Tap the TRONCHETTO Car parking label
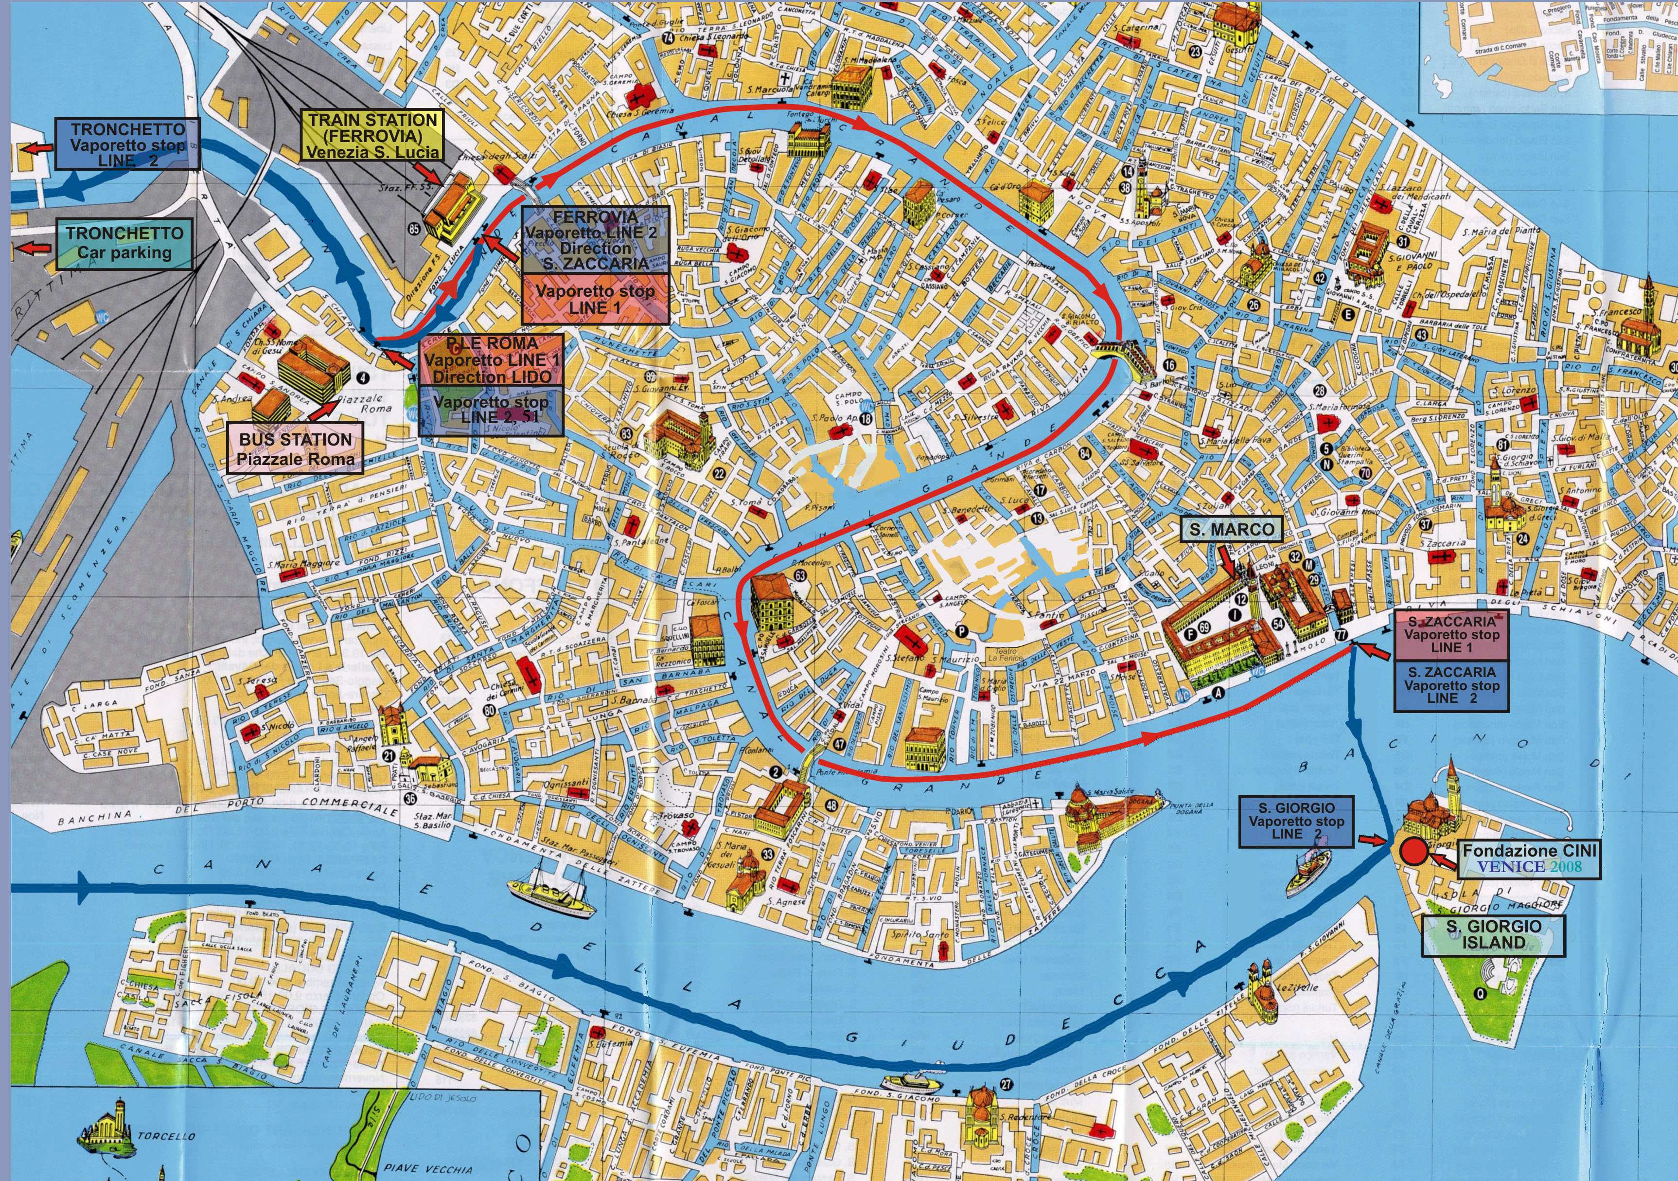(x=124, y=244)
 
